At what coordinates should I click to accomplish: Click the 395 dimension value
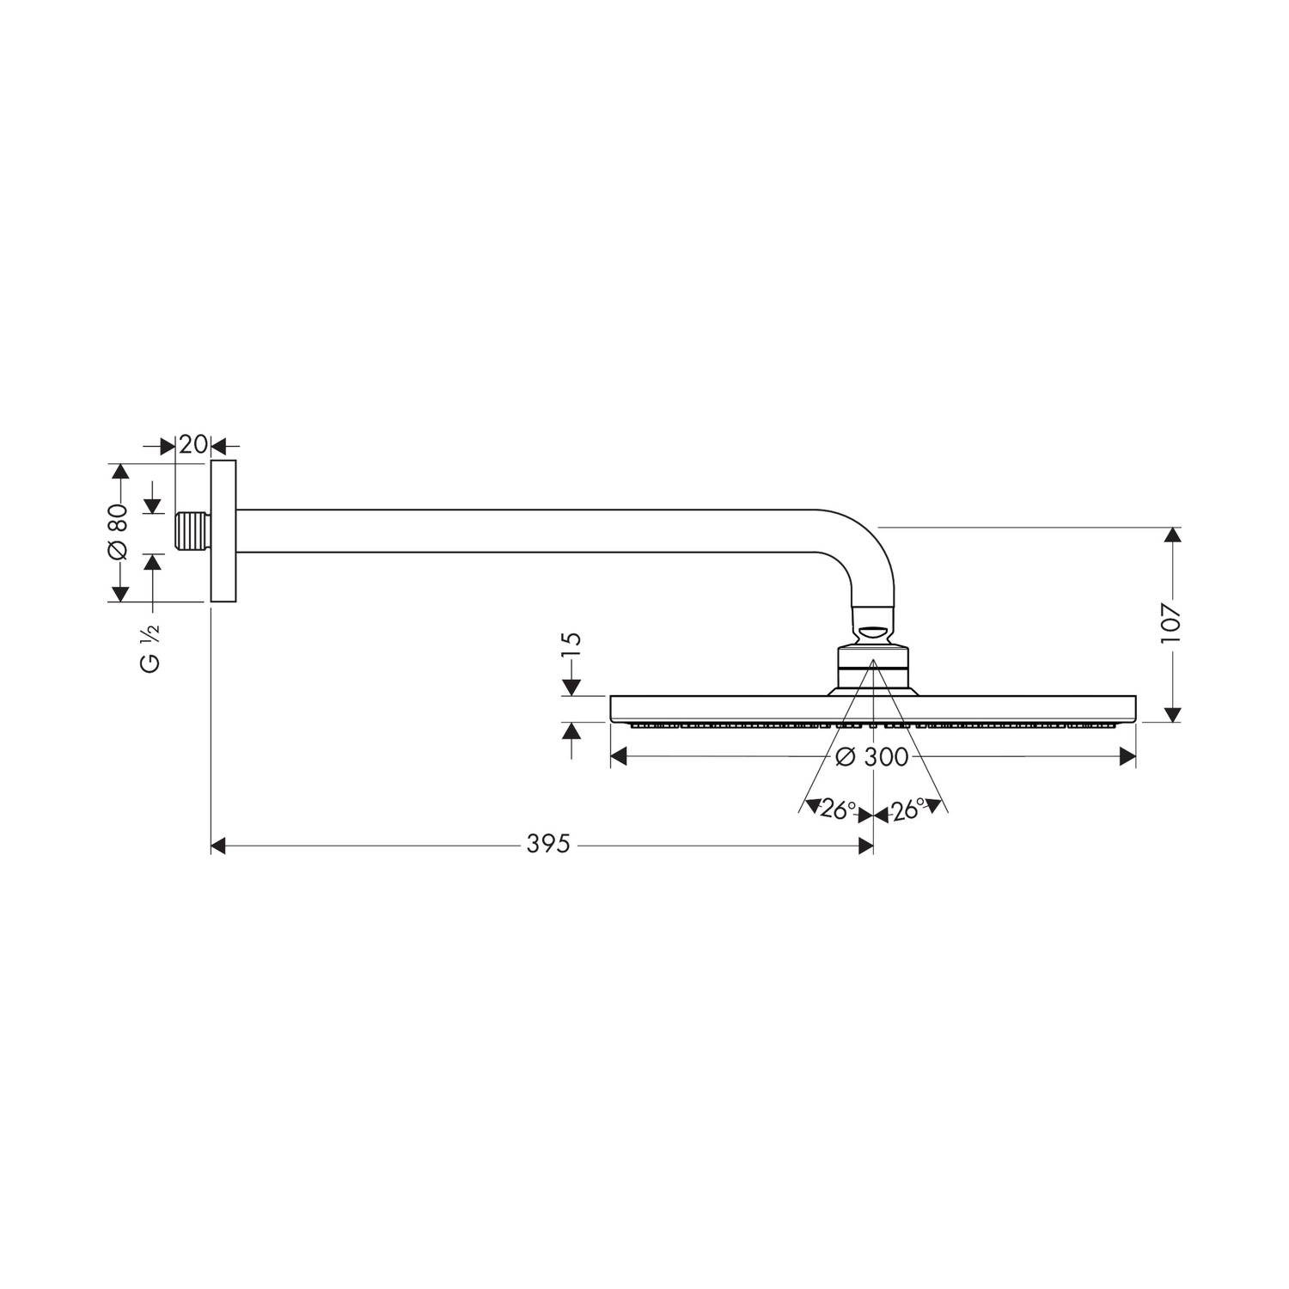click(x=548, y=845)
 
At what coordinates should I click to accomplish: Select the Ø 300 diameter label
click(x=871, y=756)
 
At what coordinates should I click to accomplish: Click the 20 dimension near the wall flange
click(x=193, y=444)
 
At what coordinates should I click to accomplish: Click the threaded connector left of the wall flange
click(x=193, y=532)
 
